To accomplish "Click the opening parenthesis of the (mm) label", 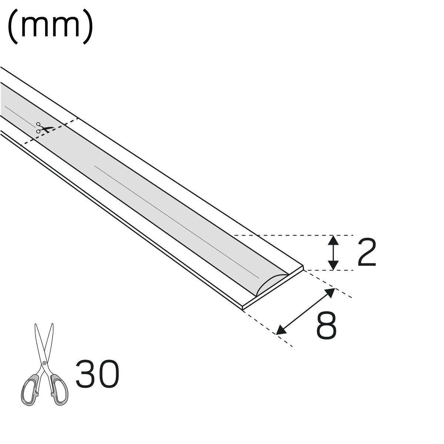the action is [x=13, y=27].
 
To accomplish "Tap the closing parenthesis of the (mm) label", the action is [x=88, y=27].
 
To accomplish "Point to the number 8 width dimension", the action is [x=326, y=326].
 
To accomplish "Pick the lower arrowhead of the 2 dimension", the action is [x=333, y=265].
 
